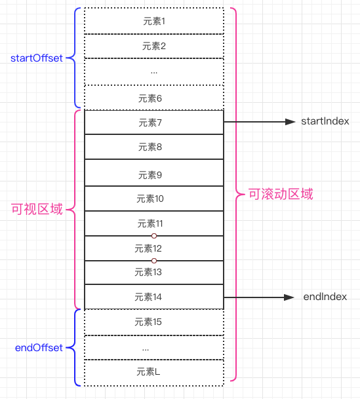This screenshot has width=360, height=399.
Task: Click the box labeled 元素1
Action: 154,21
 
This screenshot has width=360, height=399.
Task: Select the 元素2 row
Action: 154,46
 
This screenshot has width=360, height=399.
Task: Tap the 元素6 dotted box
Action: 154,98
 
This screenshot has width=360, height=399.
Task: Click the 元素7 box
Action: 154,123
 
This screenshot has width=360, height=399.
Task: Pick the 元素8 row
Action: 154,147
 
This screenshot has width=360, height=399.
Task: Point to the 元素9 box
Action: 154,175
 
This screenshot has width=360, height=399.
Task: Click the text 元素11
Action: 150,223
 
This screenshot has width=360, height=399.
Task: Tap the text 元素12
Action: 148,248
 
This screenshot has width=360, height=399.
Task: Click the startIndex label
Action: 325,122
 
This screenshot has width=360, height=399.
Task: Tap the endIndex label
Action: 325,297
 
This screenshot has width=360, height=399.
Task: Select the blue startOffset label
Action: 37,58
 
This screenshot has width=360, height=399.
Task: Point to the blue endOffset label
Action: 39,348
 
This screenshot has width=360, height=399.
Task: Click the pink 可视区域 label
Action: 37,210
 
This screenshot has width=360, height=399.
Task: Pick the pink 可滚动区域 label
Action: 281,195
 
